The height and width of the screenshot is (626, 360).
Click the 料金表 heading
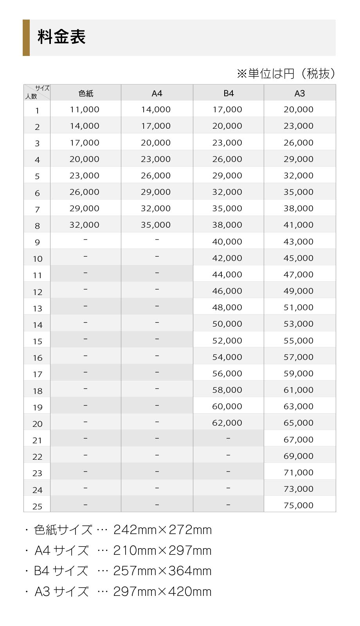coord(61,38)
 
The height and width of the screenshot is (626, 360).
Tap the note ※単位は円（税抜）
coord(286,74)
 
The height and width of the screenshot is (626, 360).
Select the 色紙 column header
coord(86,94)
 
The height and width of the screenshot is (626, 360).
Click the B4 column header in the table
coord(229,94)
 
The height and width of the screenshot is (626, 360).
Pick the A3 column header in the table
coord(299,94)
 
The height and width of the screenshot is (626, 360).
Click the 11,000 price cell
coord(85,110)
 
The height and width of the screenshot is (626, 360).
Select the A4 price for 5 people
coord(156,176)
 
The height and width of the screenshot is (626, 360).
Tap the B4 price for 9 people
coord(227,242)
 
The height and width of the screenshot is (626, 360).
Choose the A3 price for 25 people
coord(299,505)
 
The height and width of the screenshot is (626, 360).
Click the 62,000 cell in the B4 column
coord(227,423)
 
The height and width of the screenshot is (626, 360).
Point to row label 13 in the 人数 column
coord(37,309)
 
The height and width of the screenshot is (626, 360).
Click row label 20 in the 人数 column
coord(37,424)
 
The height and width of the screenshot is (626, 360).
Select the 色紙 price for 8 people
coord(85,225)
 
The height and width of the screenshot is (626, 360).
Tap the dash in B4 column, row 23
coord(228,472)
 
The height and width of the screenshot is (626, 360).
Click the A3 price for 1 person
coord(299,110)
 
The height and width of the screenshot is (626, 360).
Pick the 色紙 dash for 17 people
coord(85,372)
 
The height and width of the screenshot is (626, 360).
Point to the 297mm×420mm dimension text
coord(162,592)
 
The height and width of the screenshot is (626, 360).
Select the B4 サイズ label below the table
coord(61,571)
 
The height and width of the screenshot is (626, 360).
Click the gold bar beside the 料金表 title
coord(26,38)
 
